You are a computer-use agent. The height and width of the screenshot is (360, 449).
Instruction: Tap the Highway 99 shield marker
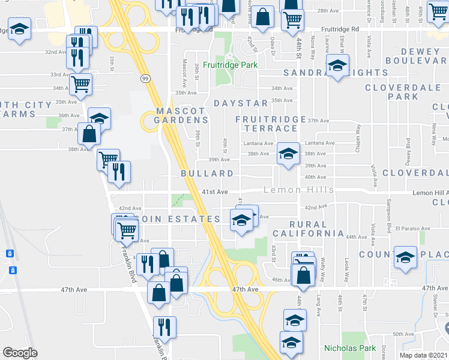tap(146, 78)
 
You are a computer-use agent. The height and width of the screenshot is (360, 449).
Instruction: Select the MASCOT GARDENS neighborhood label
tap(181, 115)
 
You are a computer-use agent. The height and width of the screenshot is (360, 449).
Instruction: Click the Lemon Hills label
tap(300, 190)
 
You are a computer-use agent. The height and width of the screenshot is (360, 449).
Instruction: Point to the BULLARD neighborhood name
tap(207, 173)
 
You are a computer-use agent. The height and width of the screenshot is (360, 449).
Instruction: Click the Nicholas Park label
tap(349, 348)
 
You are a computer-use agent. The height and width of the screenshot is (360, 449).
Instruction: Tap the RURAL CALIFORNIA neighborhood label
tap(308, 228)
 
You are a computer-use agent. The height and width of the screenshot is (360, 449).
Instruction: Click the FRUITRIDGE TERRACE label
tap(271, 124)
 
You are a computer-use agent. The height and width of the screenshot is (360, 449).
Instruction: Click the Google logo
tap(20, 353)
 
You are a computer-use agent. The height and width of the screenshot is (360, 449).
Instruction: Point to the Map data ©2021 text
tap(424, 354)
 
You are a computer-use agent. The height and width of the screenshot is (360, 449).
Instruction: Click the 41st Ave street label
tap(214, 192)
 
